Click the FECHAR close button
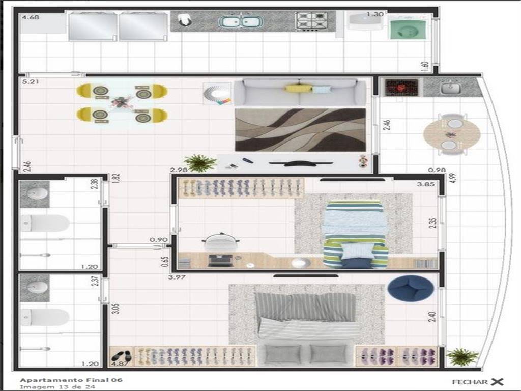[x=478, y=382]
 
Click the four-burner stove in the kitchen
[x=312, y=21]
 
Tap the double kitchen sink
[x=241, y=21]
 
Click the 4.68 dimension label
[x=31, y=17]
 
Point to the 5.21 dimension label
[x=30, y=81]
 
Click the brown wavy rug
[x=300, y=130]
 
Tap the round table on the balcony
[x=452, y=134]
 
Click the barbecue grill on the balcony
[x=401, y=88]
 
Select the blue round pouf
[x=411, y=288]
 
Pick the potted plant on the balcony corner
[x=462, y=357]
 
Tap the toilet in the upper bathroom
[x=45, y=223]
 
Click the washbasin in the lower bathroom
[x=35, y=288]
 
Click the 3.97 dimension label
[x=177, y=277]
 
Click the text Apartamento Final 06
[x=71, y=380]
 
